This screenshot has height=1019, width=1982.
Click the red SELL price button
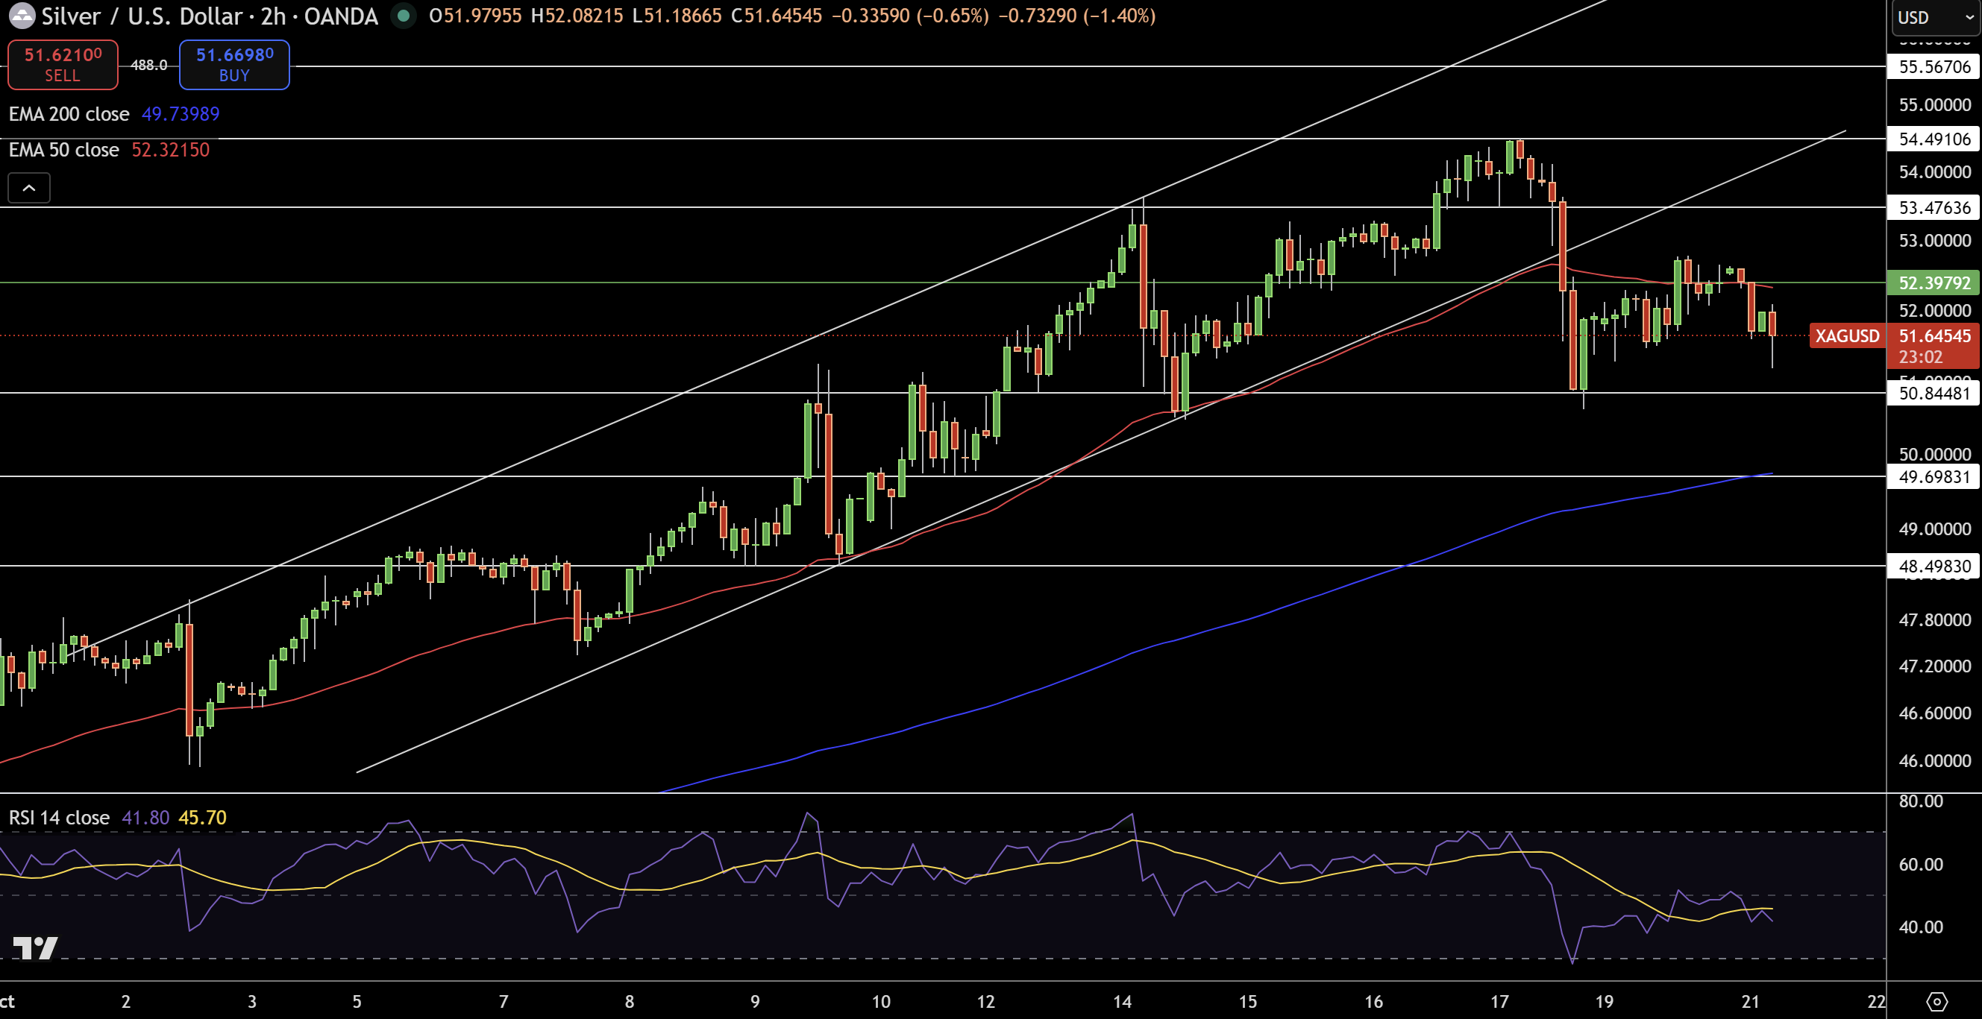click(x=63, y=65)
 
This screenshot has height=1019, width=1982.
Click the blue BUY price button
click(x=234, y=65)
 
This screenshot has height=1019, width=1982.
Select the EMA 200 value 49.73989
click(x=180, y=114)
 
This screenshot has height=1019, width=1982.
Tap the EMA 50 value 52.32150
click(x=170, y=150)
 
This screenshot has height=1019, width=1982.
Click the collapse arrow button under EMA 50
click(x=29, y=188)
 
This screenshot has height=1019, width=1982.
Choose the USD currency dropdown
click(x=1934, y=17)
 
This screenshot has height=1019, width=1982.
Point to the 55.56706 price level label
click(x=1934, y=67)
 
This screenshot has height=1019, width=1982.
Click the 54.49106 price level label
click(x=1934, y=139)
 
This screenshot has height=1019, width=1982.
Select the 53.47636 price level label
click(x=1934, y=208)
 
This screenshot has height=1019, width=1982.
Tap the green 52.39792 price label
click(x=1934, y=283)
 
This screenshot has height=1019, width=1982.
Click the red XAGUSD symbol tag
click(x=1846, y=336)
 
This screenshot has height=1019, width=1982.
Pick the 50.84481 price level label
click(x=1934, y=394)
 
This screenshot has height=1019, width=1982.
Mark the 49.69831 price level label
click(x=1934, y=477)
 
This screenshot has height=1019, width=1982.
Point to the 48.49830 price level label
click(x=1934, y=567)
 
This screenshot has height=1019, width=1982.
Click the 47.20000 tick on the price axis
click(x=1934, y=666)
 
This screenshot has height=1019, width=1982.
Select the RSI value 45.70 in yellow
click(x=202, y=818)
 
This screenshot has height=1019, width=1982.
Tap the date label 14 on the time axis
click(x=1122, y=1001)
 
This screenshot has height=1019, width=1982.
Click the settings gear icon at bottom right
click(x=1936, y=1001)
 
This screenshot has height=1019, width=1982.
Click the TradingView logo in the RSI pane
click(x=35, y=947)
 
